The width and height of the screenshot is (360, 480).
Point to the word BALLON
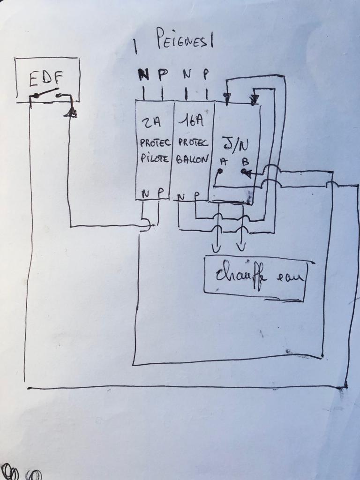pyautogui.click(x=192, y=158)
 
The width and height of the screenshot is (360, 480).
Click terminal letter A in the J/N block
pyautogui.click(x=222, y=162)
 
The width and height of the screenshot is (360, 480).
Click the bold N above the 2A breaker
pyautogui.click(x=143, y=74)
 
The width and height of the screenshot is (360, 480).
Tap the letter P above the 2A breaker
pyautogui.click(x=162, y=74)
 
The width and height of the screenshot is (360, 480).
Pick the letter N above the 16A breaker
pyautogui.click(x=187, y=74)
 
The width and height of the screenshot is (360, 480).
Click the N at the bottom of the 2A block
pyautogui.click(x=145, y=193)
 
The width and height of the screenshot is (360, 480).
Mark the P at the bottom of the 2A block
pyautogui.click(x=159, y=193)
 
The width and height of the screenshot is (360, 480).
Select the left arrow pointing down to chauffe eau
pyautogui.click(x=217, y=247)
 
